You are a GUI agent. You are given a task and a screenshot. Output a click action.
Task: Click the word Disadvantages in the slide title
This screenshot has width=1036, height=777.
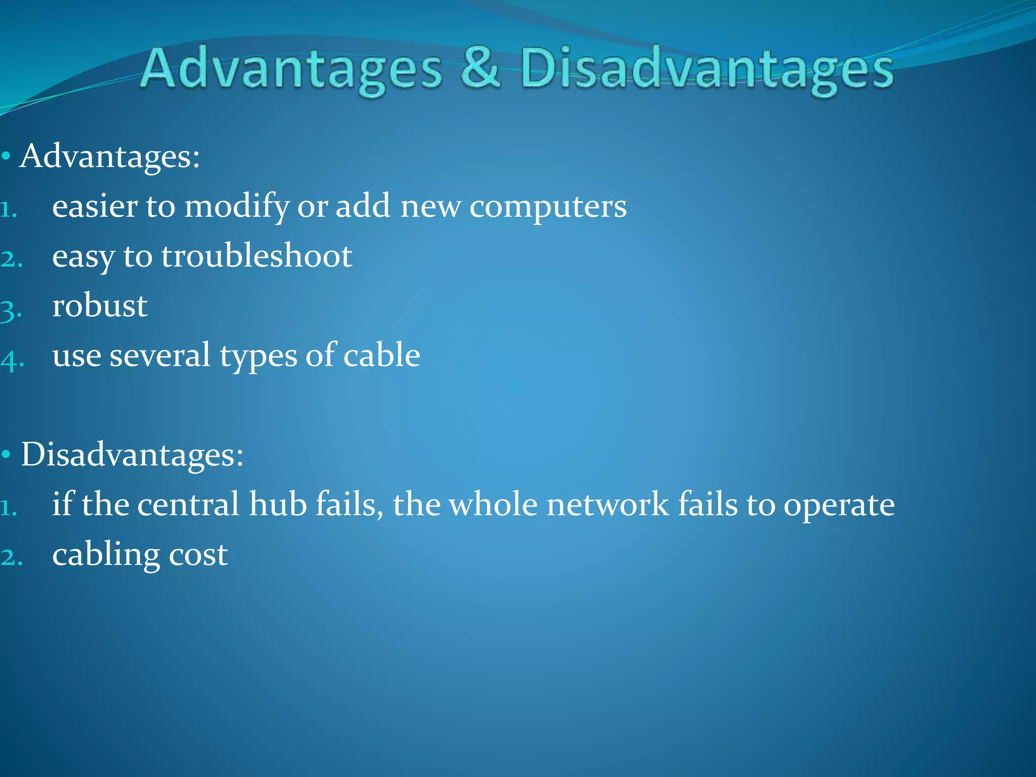point(707,70)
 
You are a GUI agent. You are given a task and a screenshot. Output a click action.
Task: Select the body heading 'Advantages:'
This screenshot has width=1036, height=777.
point(110,156)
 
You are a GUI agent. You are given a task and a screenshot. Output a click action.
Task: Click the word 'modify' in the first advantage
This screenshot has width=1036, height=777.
point(237,207)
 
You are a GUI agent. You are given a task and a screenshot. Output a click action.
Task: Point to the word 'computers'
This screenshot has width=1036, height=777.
point(548,207)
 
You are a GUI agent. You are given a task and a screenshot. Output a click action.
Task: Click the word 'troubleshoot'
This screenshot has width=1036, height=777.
point(256,255)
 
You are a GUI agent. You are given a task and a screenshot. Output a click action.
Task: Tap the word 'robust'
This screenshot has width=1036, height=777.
point(100,305)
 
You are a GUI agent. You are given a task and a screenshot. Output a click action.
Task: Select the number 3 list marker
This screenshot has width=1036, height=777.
point(11,310)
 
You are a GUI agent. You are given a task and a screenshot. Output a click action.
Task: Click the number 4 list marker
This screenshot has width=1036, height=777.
point(12,360)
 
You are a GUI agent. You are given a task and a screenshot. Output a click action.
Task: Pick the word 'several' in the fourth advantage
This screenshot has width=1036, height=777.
point(160,355)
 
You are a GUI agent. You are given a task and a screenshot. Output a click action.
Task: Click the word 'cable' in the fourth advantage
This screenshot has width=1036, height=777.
point(381,355)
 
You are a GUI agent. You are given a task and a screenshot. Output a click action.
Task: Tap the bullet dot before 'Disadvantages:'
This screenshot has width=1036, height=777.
point(6,454)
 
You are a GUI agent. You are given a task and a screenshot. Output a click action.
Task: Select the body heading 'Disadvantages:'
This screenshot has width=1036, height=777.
point(132,454)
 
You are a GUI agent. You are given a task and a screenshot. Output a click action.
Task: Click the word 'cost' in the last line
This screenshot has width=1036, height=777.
point(198,554)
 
